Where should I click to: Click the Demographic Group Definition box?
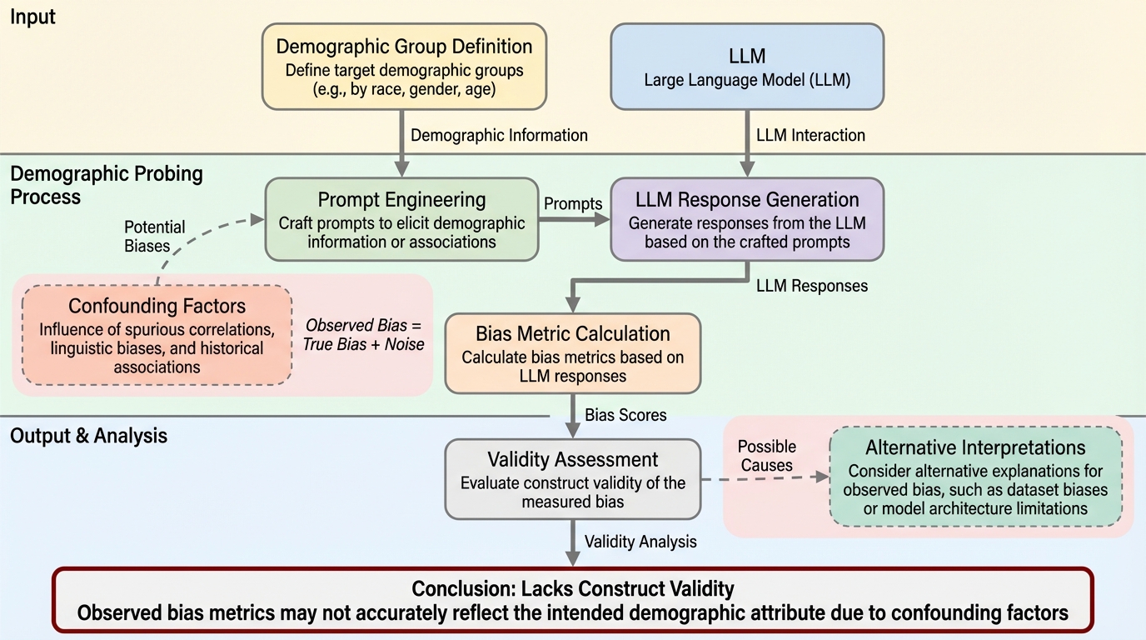pyautogui.click(x=404, y=67)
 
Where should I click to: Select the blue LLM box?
pyautogui.click(x=747, y=67)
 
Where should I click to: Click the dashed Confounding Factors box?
pyautogui.click(x=157, y=335)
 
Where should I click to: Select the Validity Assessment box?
pyautogui.click(x=572, y=480)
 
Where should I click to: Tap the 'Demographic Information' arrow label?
pyautogui.click(x=499, y=135)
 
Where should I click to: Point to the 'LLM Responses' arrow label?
pyautogui.click(x=811, y=286)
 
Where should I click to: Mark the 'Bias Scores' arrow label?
pyautogui.click(x=625, y=414)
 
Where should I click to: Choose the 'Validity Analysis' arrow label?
pyautogui.click(x=640, y=542)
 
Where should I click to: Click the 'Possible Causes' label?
pyautogui.click(x=767, y=456)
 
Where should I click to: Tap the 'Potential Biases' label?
pyautogui.click(x=155, y=237)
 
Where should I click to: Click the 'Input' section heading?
pyautogui.click(x=32, y=17)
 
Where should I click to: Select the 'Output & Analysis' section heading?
pyautogui.click(x=88, y=435)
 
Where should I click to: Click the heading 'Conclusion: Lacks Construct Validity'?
pyautogui.click(x=573, y=589)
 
